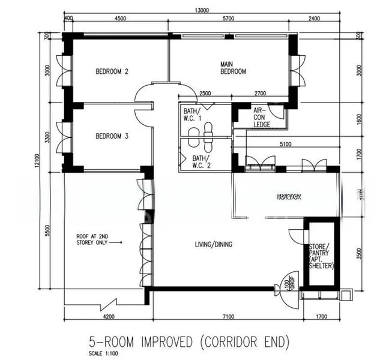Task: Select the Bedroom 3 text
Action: click(112, 136)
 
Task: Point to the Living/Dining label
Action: click(214, 244)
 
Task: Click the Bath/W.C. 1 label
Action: click(193, 115)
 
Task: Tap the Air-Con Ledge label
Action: click(261, 118)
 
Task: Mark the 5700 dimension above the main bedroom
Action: click(228, 19)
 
